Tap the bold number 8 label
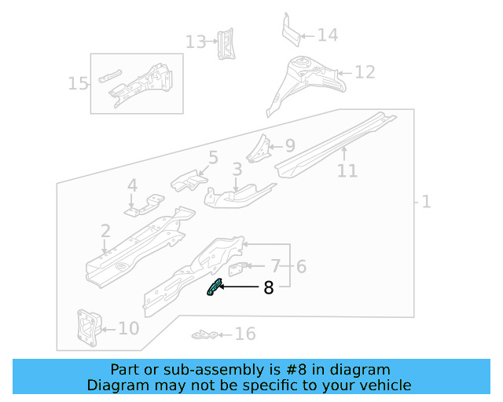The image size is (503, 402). point(269,288)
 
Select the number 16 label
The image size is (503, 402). point(245,334)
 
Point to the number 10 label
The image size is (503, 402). point(128,328)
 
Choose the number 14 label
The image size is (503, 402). point(328,35)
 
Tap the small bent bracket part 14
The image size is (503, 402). point(292,30)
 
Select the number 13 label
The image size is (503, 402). point(195,41)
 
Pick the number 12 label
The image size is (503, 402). point(365,72)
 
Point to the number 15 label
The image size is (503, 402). point(79,82)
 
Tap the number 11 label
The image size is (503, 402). point(347,170)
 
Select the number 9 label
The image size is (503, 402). point(289,145)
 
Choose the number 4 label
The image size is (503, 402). point(132,186)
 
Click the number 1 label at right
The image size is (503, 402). point(426,202)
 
